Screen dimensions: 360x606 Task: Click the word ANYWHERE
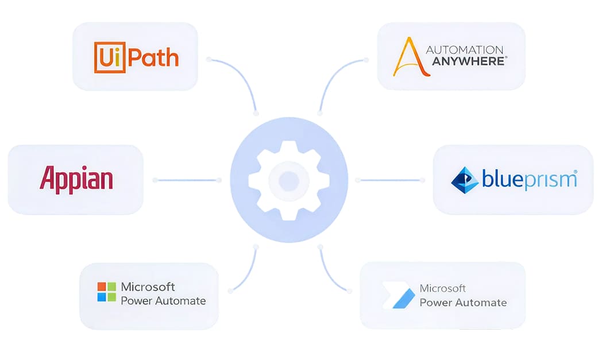point(466,61)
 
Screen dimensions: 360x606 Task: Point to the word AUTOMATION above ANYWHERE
point(464,50)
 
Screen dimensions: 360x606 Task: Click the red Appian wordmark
point(76,179)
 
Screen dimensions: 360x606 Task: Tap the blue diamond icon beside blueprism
point(465,180)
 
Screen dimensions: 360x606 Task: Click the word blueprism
point(529,180)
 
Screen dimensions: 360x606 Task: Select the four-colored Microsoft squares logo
point(106,292)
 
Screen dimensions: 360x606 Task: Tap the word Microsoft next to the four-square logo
point(148,287)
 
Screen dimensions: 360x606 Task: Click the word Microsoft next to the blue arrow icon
point(442,288)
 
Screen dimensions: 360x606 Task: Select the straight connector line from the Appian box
point(187,180)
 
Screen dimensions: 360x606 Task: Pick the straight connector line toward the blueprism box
point(389,180)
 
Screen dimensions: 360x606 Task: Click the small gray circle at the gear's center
point(289,180)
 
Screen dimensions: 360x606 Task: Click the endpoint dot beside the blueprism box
point(422,180)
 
